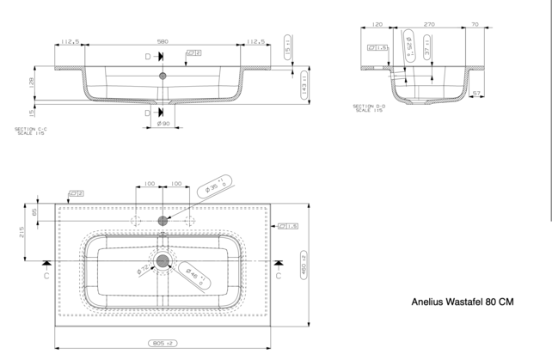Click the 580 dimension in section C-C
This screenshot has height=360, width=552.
[x=163, y=40]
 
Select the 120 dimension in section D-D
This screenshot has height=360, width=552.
[x=377, y=26]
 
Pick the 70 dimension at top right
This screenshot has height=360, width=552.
[x=475, y=26]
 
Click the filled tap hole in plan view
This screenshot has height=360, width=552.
[x=163, y=221]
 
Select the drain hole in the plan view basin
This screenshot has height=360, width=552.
[x=163, y=259]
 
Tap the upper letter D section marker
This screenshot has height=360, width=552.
[x=148, y=56]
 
